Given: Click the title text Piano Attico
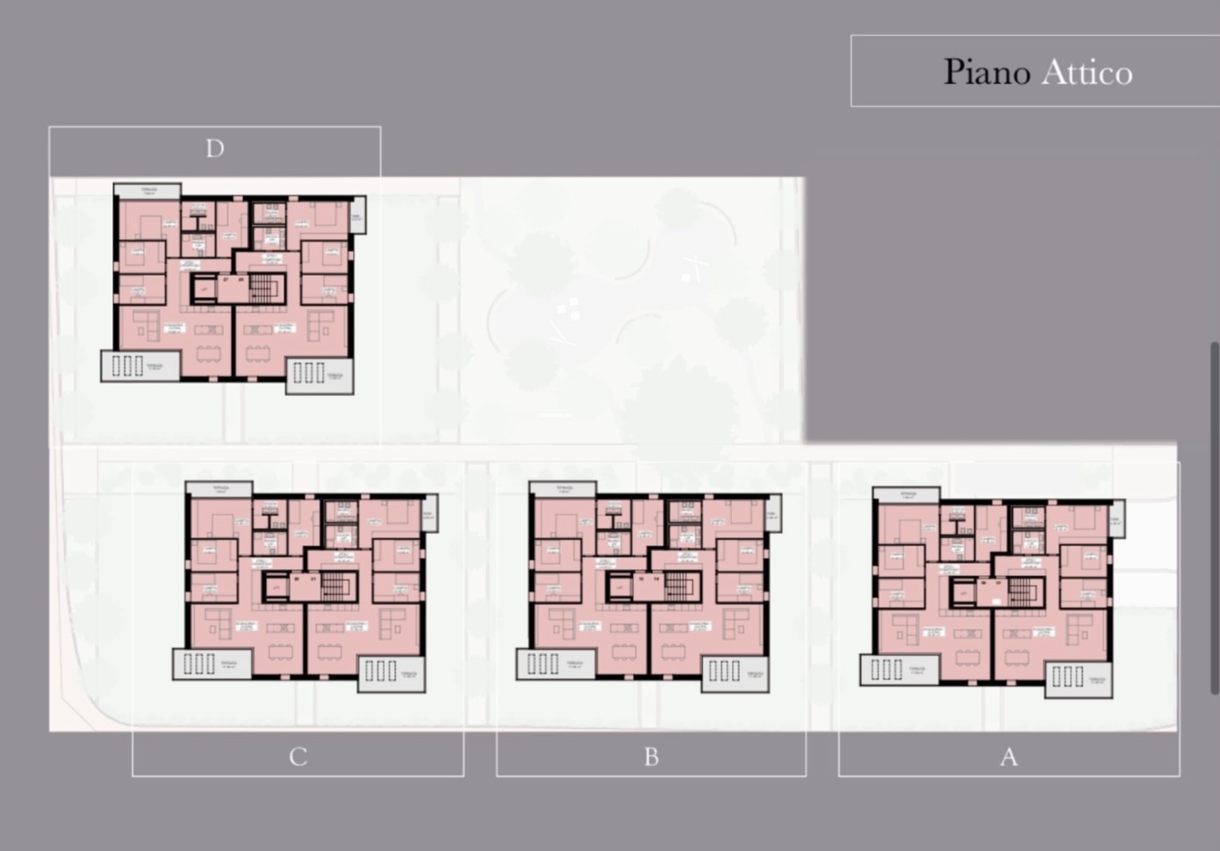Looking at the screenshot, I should click(x=1037, y=72).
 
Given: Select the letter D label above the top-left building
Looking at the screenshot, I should click(x=215, y=149).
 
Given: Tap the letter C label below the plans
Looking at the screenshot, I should click(x=298, y=757).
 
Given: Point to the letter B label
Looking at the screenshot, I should click(x=651, y=757).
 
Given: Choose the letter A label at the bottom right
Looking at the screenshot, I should click(x=1008, y=757).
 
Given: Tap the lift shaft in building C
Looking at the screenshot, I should click(x=275, y=584).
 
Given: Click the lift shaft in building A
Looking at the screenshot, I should click(x=964, y=594).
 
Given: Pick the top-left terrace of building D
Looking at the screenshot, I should click(x=147, y=191).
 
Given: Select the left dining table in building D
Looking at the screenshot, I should click(x=208, y=353).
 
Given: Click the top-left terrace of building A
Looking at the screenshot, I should click(x=907, y=495).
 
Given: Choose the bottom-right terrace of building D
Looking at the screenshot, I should click(x=320, y=375).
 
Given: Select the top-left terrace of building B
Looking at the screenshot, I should click(x=563, y=488).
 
